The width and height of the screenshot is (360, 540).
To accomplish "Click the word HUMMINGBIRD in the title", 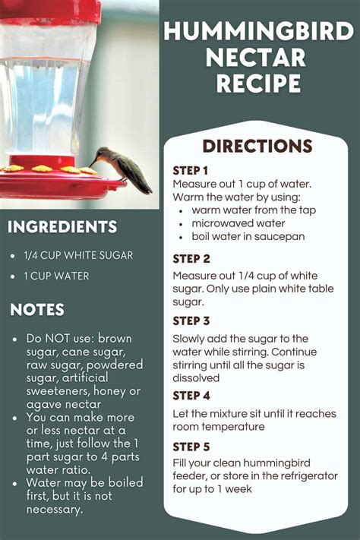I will pyautogui.click(x=258, y=32).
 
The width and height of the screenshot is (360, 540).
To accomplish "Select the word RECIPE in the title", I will pyautogui.click(x=258, y=83).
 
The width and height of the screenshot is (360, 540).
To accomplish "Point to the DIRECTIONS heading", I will pyautogui.click(x=257, y=146).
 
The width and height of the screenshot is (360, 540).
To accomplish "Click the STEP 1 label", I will pyautogui.click(x=190, y=170).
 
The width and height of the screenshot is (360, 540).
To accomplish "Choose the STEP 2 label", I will pyautogui.click(x=191, y=258).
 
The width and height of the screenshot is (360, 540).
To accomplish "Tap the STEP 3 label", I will pyautogui.click(x=191, y=321).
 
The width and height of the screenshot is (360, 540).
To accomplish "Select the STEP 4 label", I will pyautogui.click(x=191, y=396).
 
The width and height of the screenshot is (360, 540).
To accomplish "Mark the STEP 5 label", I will pyautogui.click(x=191, y=447).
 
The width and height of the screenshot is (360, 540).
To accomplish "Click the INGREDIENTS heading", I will pyautogui.click(x=62, y=227).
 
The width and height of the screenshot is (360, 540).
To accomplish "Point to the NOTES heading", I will pyautogui.click(x=37, y=309).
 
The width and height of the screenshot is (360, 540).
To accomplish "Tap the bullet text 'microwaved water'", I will pyautogui.click(x=237, y=223).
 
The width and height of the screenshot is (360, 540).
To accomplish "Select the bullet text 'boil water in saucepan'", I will pyautogui.click(x=248, y=236).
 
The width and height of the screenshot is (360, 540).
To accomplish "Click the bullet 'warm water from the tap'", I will pyautogui.click(x=254, y=210).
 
